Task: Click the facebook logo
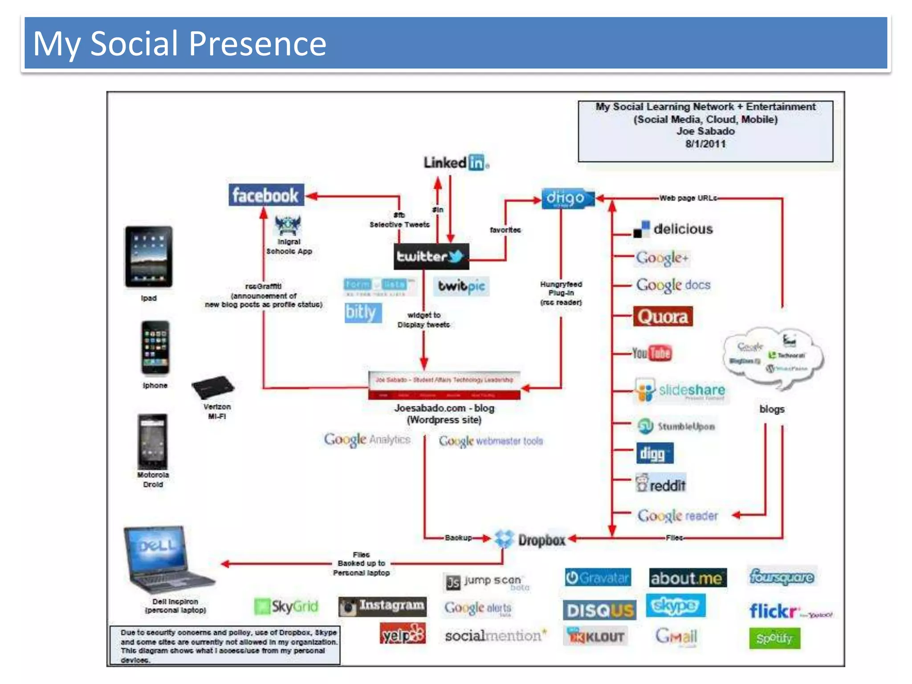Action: tap(266, 195)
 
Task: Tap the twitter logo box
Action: tap(431, 256)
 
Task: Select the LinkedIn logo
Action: tap(456, 163)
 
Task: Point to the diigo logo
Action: tap(567, 198)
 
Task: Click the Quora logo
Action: tap(663, 317)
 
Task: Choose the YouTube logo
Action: tap(652, 353)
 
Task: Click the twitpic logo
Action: tap(461, 286)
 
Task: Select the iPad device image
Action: tap(149, 257)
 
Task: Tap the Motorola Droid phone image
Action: tap(153, 441)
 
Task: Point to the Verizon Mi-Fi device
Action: tap(213, 387)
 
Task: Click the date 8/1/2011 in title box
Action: tap(705, 144)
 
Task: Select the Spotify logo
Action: tap(774, 638)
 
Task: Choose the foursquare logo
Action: tap(782, 577)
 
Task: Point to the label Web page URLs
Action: tap(688, 198)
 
